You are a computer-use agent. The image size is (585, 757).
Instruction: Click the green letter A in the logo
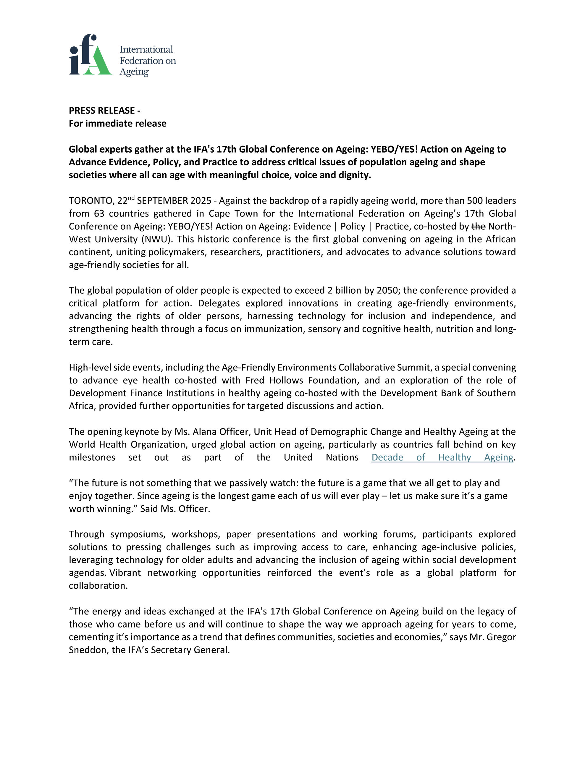tap(99, 62)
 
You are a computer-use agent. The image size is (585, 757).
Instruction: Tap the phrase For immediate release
tap(117, 123)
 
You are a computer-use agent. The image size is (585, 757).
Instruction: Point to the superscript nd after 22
tap(131, 198)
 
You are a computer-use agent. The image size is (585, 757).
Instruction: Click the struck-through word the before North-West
tap(479, 226)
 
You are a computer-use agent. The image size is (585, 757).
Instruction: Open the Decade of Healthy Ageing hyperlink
tap(442, 457)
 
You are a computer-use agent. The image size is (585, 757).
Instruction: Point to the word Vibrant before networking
tap(125, 572)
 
